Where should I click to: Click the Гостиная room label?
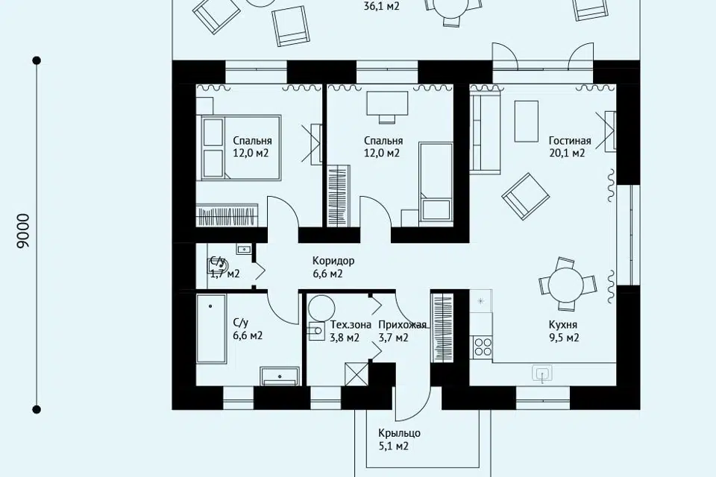569,141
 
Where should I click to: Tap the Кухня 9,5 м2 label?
564,331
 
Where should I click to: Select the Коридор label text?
333,261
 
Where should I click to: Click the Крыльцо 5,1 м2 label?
399,439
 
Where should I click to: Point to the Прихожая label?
402,325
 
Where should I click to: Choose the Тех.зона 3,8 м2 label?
351,331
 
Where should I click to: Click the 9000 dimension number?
23,231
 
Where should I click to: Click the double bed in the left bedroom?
240,148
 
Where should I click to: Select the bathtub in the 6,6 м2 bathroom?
211,329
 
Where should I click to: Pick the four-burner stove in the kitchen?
483,347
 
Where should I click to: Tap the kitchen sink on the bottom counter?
541,373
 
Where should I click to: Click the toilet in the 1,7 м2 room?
218,265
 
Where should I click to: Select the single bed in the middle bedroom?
436,182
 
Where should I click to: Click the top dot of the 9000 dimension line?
37,60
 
